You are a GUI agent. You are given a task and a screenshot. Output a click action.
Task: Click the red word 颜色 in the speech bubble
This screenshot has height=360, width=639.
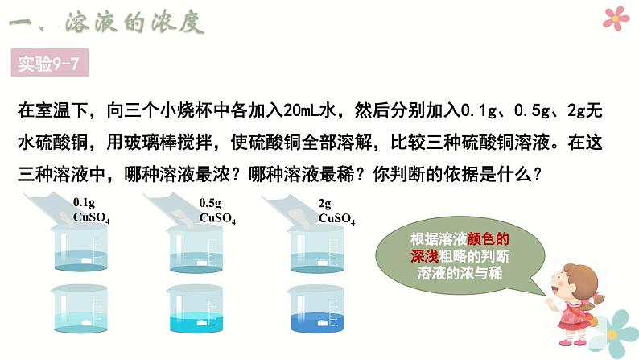(x=489, y=238)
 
